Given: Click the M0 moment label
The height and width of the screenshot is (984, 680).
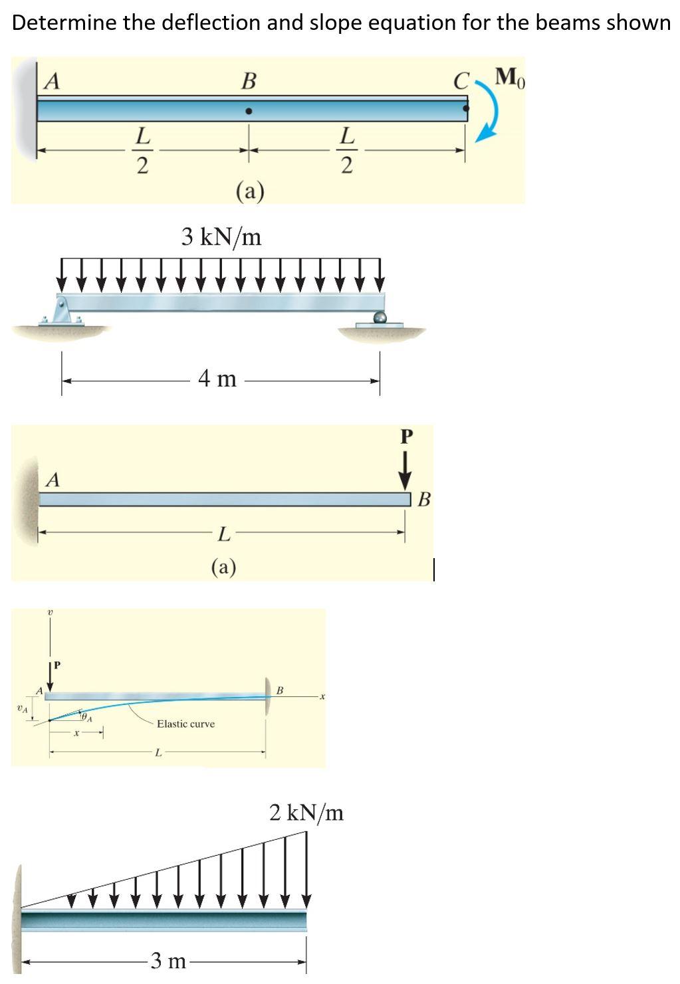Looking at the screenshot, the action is pos(510,78).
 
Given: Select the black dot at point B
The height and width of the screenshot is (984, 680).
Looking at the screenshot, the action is pos(249,112).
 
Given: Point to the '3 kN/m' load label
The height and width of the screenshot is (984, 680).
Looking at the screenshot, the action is pos(221,237).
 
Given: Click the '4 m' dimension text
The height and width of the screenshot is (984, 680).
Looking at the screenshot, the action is pos(217,378).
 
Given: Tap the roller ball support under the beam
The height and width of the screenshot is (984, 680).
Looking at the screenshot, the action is pos(380,317).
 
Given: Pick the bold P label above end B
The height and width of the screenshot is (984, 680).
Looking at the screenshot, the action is pos(407,437).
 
